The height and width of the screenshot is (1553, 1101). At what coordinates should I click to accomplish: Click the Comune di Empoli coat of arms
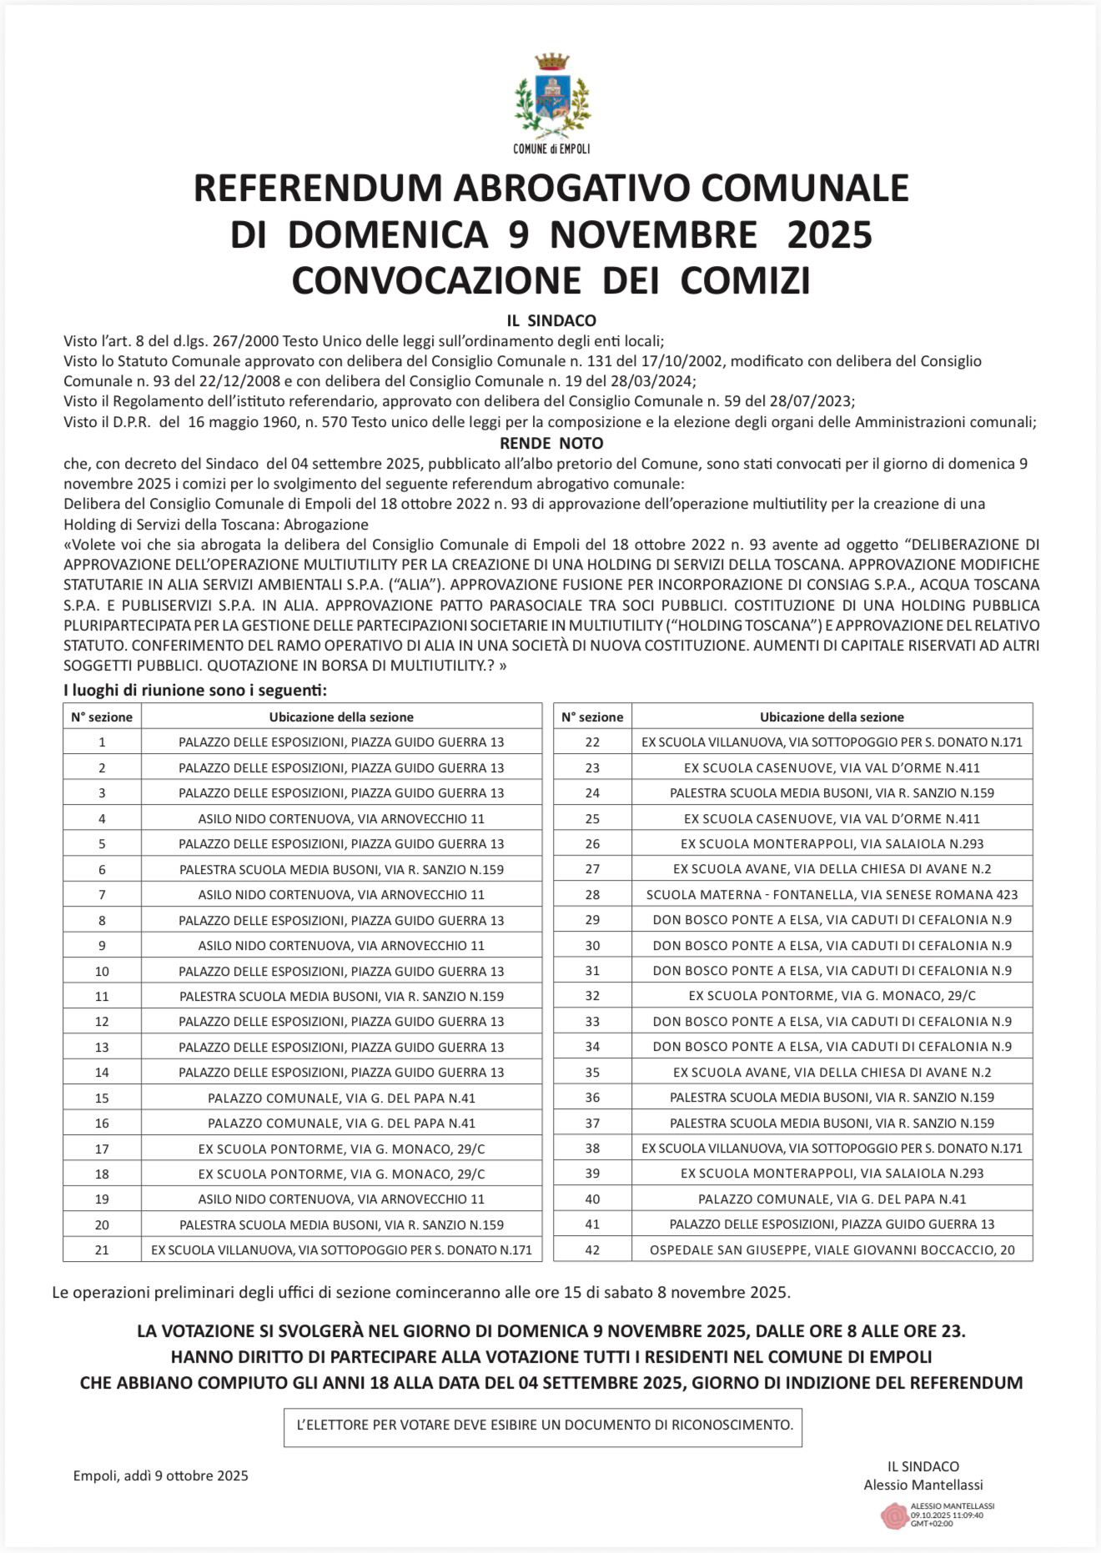[x=551, y=97]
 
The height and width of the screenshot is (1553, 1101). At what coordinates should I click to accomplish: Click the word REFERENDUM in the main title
[x=319, y=188]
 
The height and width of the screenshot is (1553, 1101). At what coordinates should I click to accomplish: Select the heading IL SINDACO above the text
[x=550, y=320]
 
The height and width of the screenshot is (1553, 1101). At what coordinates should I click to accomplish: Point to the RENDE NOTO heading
[x=550, y=443]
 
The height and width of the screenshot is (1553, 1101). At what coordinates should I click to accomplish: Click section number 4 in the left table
[x=102, y=819]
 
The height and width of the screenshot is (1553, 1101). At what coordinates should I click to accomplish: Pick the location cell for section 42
[x=832, y=1249]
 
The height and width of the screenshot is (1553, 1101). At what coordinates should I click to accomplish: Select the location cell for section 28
[x=832, y=894]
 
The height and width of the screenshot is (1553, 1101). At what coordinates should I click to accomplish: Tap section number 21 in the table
[x=102, y=1249]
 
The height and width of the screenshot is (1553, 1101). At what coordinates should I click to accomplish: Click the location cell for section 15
[x=341, y=1098]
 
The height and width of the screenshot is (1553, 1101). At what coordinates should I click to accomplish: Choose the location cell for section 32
[x=832, y=996]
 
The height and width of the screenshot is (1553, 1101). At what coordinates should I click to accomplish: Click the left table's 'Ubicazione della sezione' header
[x=341, y=716]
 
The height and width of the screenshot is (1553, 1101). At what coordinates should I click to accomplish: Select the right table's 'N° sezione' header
[x=592, y=716]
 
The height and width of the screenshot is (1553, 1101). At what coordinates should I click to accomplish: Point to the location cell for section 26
[x=832, y=843]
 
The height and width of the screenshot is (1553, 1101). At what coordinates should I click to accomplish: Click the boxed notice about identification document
[x=542, y=1425]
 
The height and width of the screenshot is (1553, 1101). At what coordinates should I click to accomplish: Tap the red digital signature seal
[x=894, y=1515]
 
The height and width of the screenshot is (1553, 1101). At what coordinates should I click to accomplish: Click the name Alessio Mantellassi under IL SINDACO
[x=923, y=1485]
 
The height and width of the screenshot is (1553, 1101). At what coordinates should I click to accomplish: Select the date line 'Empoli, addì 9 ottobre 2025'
[x=161, y=1475]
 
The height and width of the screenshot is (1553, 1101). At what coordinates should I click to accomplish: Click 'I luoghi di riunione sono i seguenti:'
[x=195, y=691]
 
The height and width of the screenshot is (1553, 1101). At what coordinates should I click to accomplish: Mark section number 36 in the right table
[x=592, y=1098]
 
